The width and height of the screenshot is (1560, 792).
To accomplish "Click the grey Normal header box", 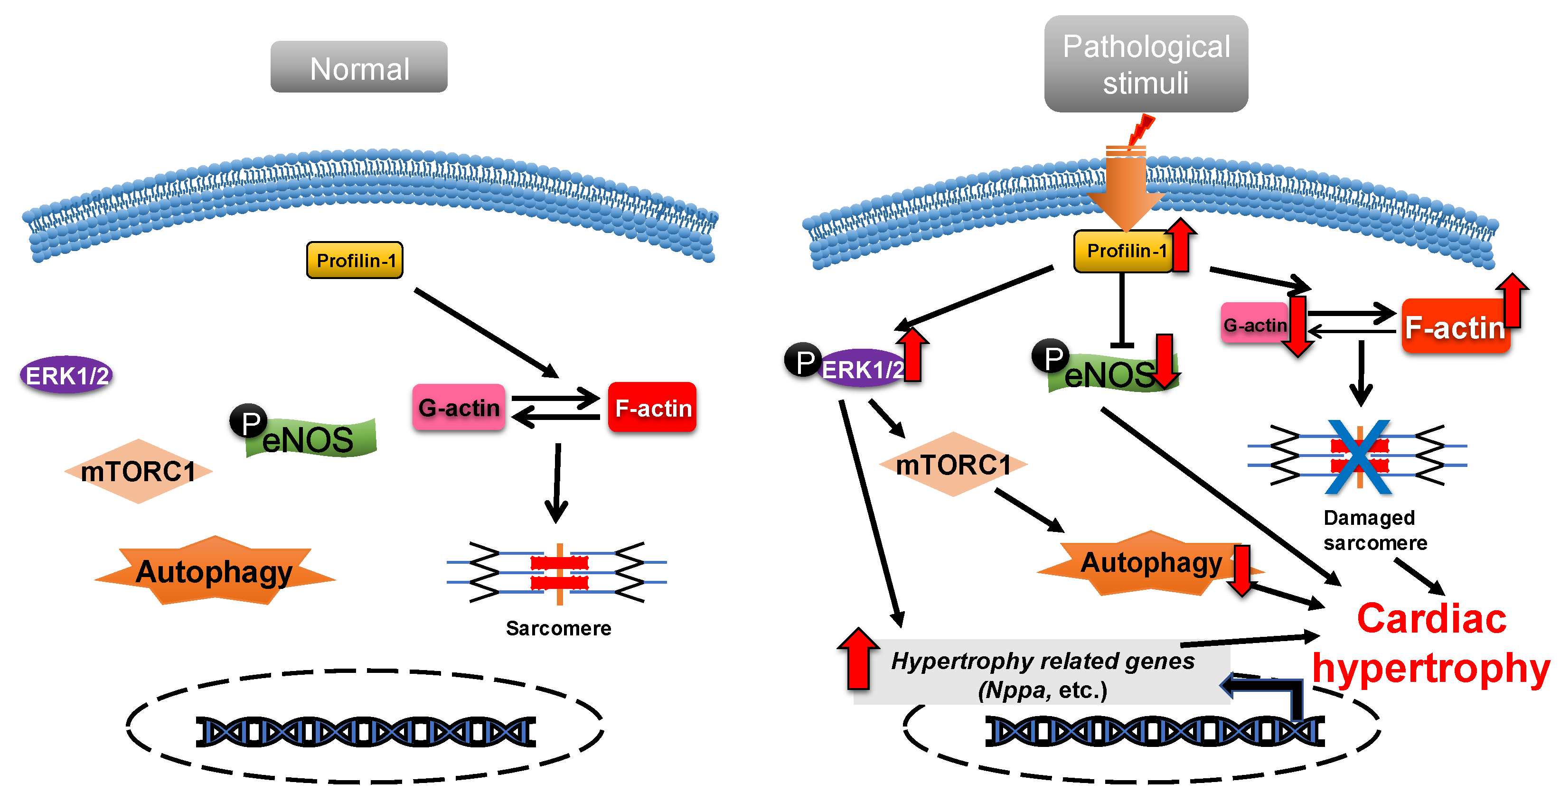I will tap(358, 67).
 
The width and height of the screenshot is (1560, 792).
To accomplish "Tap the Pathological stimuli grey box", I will tap(1145, 64).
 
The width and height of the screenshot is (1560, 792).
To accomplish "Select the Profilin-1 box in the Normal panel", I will tap(355, 261).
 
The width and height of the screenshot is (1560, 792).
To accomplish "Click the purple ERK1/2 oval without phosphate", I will tap(66, 375).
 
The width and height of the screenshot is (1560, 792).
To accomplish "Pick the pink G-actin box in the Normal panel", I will tap(459, 408).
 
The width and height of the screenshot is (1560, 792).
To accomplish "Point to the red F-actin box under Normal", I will tap(652, 408).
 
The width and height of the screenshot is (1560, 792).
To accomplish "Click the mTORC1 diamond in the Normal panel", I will tap(138, 471).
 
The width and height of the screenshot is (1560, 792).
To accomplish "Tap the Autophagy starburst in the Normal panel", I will tap(215, 571).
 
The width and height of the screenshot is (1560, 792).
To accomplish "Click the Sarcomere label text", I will tap(558, 628).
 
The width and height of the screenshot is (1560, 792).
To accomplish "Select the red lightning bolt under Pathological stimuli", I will tap(1141, 130).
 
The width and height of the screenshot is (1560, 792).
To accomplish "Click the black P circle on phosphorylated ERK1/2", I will tap(803, 360).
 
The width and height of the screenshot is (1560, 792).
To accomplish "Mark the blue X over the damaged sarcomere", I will tap(1359, 457).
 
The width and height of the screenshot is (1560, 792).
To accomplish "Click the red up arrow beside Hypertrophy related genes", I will tap(858, 658).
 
